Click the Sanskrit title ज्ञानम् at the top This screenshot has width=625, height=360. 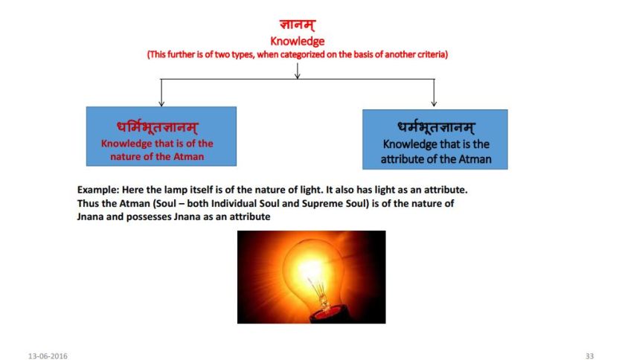[x=297, y=26]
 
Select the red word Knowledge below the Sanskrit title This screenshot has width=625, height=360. [x=297, y=42]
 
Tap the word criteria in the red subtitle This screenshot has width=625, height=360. [x=429, y=55]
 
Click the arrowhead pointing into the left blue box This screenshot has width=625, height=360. [x=161, y=103]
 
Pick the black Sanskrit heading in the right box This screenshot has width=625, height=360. [x=435, y=127]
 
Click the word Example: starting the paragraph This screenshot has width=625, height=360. [x=100, y=190]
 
